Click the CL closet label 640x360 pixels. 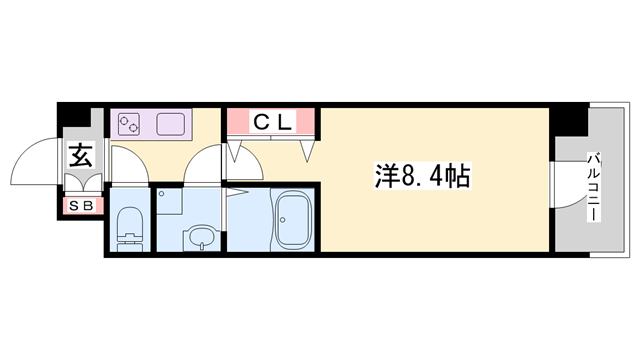273,122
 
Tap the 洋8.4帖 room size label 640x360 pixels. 422,176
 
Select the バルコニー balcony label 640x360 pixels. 594,187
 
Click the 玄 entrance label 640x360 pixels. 80,155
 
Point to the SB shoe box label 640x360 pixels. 81,206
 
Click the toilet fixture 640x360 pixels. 130,229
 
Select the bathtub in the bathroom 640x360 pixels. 292,220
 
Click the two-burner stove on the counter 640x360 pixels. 129,124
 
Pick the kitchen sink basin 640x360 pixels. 171,124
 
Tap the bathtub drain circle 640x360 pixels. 282,220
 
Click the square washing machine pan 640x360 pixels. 169,201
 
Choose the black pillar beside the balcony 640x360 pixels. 569,120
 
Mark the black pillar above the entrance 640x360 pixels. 73,114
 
